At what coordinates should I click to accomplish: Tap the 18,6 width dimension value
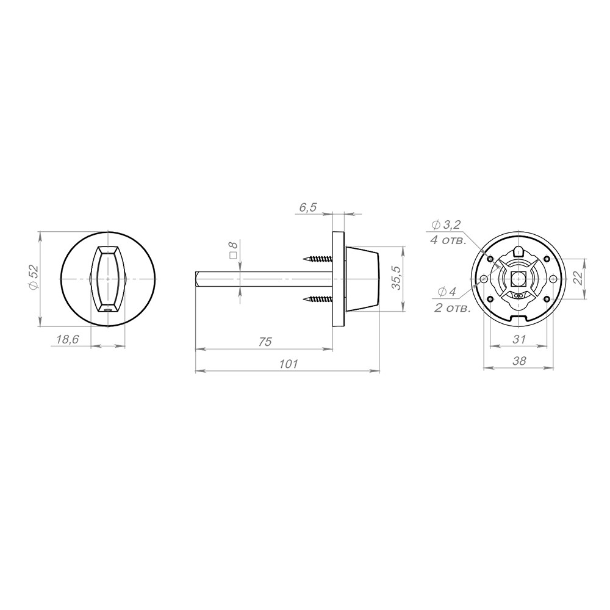coord(68,340)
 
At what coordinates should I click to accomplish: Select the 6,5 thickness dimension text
coord(307,207)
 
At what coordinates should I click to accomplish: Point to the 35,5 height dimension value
coord(395,279)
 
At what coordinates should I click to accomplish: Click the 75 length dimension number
coord(265,342)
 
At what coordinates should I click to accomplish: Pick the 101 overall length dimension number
coord(287,364)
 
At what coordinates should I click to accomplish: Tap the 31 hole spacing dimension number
coord(520,339)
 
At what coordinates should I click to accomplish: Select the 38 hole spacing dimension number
coord(519,361)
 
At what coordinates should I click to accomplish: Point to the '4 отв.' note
coord(448,240)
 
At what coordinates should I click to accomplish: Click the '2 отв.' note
coord(452,309)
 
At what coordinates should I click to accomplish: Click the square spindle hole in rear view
coord(518,279)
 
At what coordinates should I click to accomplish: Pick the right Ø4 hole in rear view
coord(553,279)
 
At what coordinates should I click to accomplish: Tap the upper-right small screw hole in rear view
coord(547,259)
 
